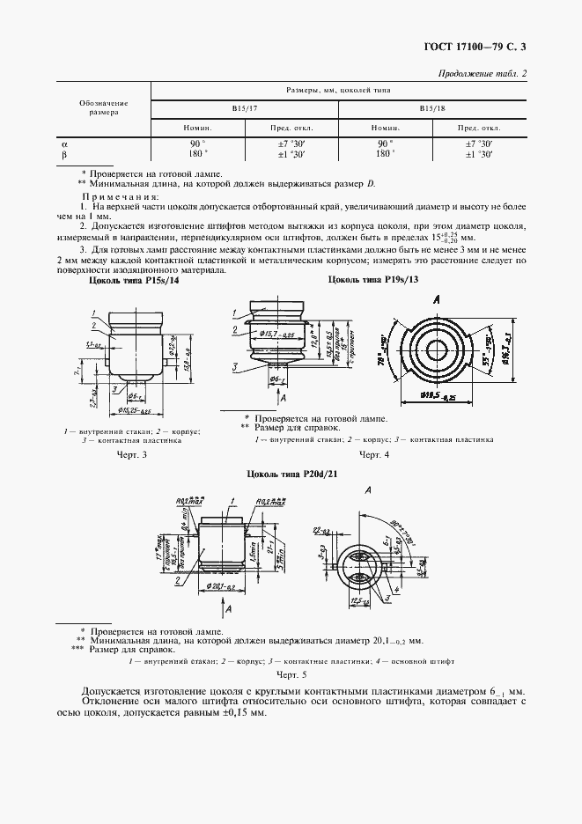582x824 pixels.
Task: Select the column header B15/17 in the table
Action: [x=245, y=108]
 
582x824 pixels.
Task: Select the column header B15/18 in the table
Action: [x=431, y=108]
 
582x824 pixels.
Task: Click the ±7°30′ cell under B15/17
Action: [x=291, y=143]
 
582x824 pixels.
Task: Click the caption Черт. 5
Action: [x=290, y=673]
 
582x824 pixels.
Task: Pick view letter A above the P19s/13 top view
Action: [x=437, y=299]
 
